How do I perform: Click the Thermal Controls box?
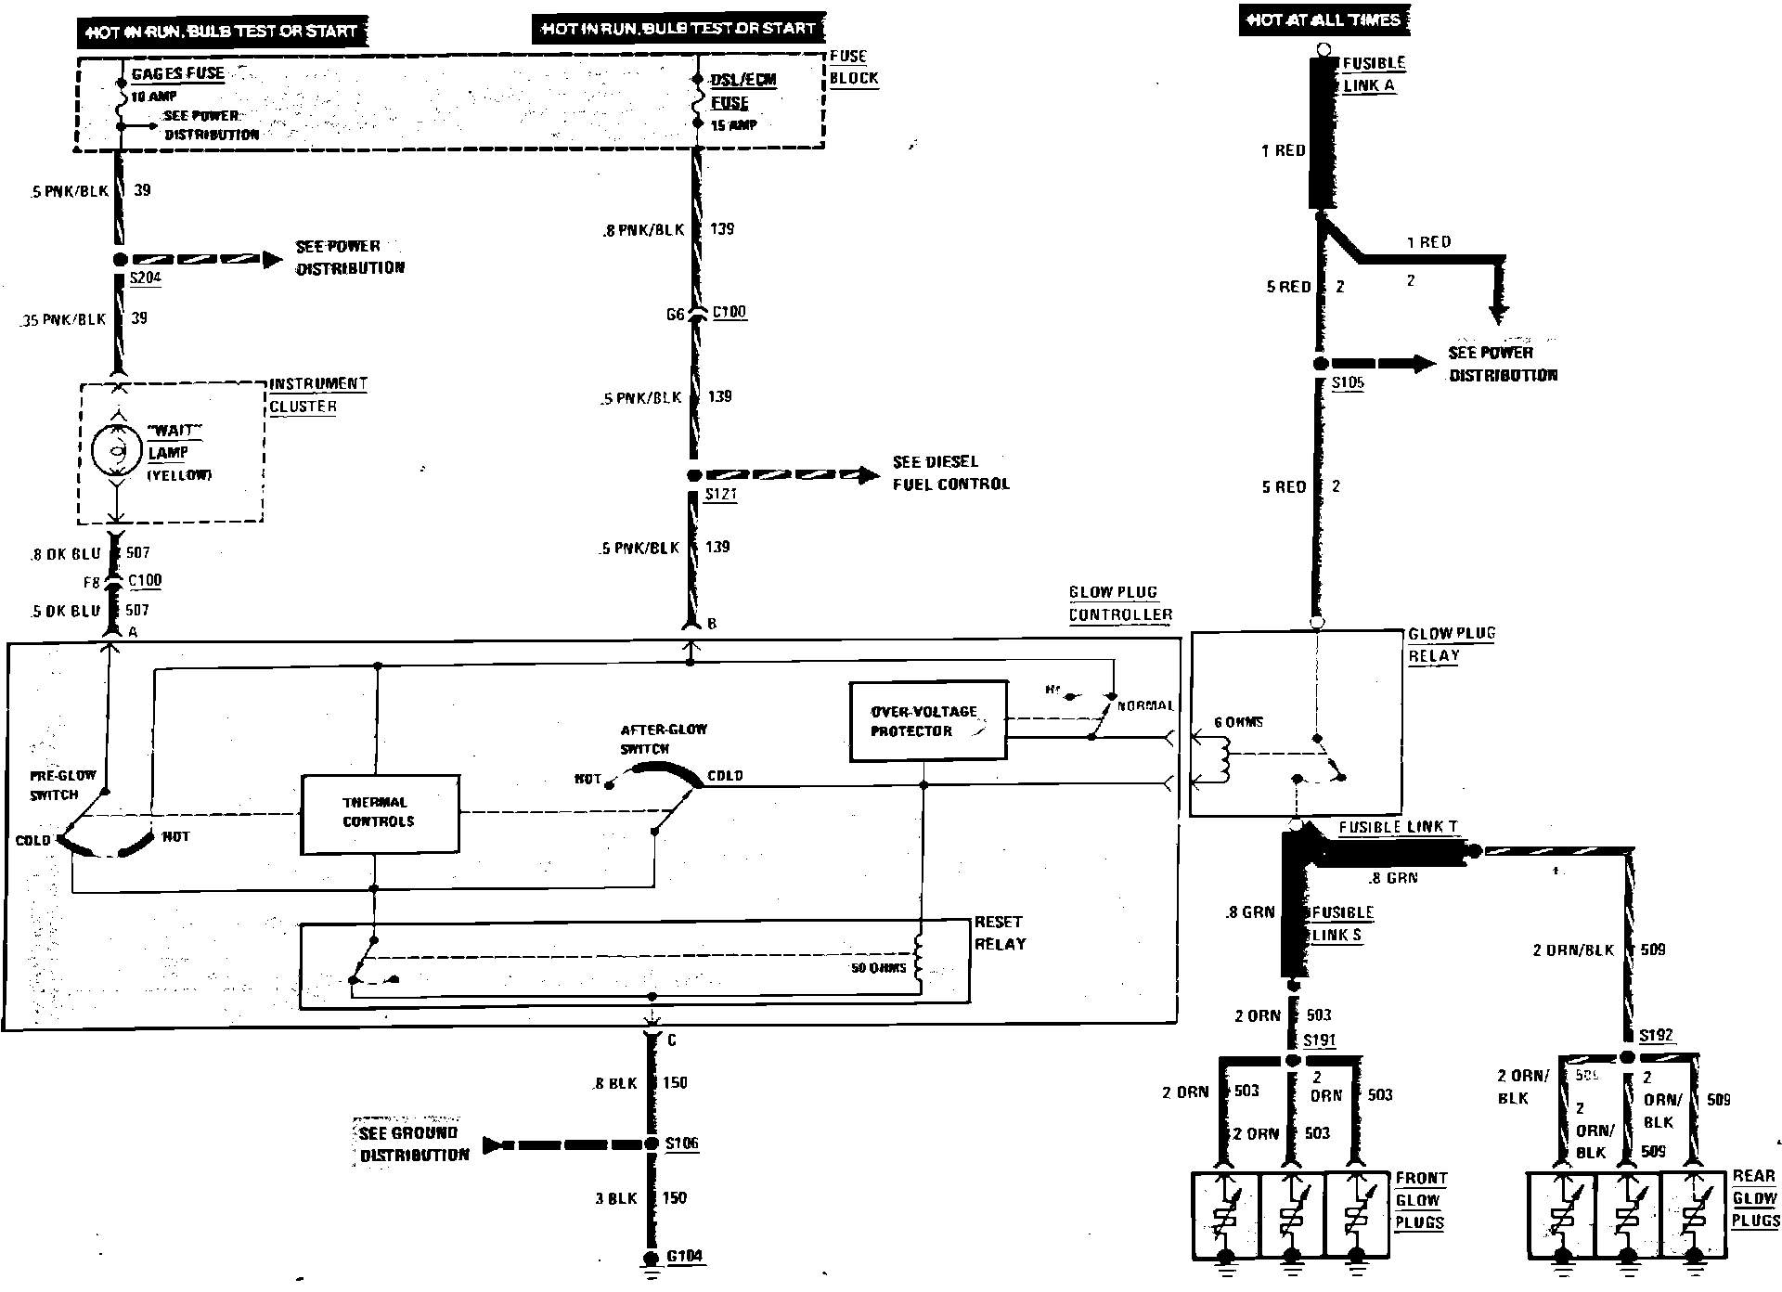[x=380, y=813]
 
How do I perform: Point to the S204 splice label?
[x=145, y=278]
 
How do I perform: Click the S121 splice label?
[x=720, y=494]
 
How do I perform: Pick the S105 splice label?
[x=1348, y=382]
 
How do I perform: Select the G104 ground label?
[x=685, y=1257]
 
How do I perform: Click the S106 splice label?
[x=681, y=1143]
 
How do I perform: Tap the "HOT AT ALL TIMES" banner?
[x=1324, y=20]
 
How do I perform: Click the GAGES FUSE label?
[x=177, y=74]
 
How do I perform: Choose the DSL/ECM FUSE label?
[x=742, y=91]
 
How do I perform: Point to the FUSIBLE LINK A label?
[x=1373, y=74]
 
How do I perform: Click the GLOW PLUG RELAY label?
[x=1451, y=644]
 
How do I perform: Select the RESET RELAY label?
[x=1000, y=933]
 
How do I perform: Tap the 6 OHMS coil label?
[x=1239, y=722]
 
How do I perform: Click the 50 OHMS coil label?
[x=878, y=968]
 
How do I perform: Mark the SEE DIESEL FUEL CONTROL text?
[x=950, y=472]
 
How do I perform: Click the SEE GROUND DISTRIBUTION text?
[x=414, y=1143]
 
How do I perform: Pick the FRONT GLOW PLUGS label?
[x=1420, y=1200]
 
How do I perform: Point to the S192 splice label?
[x=1656, y=1036]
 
